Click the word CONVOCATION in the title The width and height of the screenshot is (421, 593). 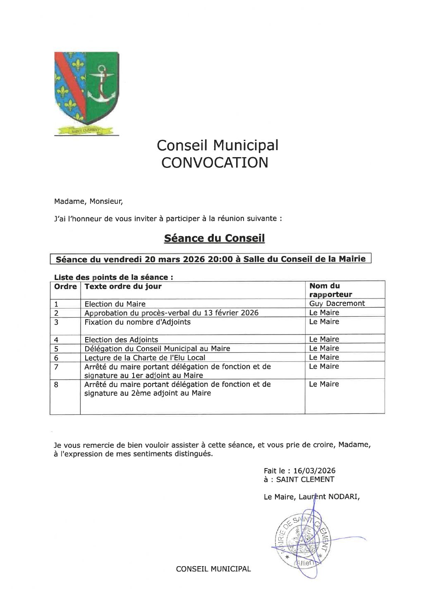215,163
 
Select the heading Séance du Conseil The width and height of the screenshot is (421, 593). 214,238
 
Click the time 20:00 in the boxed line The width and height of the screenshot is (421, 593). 219,259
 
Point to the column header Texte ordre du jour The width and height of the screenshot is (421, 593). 123,286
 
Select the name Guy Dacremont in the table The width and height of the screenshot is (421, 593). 337,304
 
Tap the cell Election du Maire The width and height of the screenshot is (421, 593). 115,304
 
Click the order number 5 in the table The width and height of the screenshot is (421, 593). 56,349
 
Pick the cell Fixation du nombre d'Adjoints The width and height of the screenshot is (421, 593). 137,322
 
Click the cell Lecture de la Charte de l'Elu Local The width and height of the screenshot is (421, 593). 145,358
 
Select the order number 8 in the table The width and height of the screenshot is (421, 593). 56,385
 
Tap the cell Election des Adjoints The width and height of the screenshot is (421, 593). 121,340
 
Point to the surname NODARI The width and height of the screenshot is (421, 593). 343,497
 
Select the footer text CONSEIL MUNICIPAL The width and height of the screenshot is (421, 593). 213,569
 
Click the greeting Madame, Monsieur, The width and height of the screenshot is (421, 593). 89,202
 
